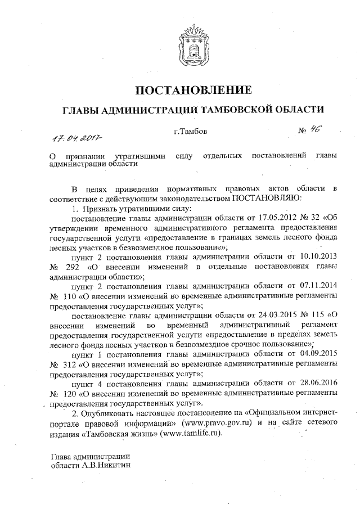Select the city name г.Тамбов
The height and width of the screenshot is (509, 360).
191,132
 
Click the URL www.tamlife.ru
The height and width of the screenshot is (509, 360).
191,433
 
